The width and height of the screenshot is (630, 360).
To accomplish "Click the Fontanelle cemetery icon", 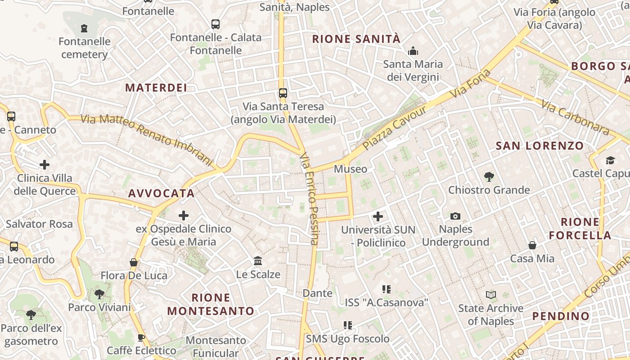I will (84, 28).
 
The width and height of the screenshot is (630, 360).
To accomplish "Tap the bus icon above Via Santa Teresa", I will (283, 93).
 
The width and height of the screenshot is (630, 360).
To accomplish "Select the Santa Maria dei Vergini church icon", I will (413, 51).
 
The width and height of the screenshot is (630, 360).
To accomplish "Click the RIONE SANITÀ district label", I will (356, 39).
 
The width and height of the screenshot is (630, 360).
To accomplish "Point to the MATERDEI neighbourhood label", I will (156, 87).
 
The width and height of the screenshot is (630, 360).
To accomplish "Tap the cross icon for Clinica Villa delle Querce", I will (45, 164).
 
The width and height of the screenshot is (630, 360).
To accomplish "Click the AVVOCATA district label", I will (162, 193).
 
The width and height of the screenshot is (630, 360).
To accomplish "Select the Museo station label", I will (350, 169).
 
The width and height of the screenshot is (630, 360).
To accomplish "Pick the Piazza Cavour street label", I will (395, 129).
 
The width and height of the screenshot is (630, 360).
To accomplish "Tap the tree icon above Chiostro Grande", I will (489, 176).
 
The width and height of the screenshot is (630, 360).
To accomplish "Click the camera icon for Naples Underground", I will (455, 216).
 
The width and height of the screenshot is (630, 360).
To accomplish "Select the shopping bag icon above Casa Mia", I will (532, 245).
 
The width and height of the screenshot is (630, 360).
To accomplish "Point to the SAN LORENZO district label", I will (540, 146).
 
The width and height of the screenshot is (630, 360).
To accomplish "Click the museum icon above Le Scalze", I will (258, 261).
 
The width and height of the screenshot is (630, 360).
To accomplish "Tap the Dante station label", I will (317, 293).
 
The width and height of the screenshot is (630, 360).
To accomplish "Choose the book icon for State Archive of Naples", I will (490, 295).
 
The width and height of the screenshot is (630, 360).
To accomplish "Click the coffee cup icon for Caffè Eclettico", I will (141, 337).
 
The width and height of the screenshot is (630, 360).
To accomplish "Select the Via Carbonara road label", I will (575, 118).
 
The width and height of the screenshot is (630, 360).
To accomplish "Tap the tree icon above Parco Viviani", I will (99, 294).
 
